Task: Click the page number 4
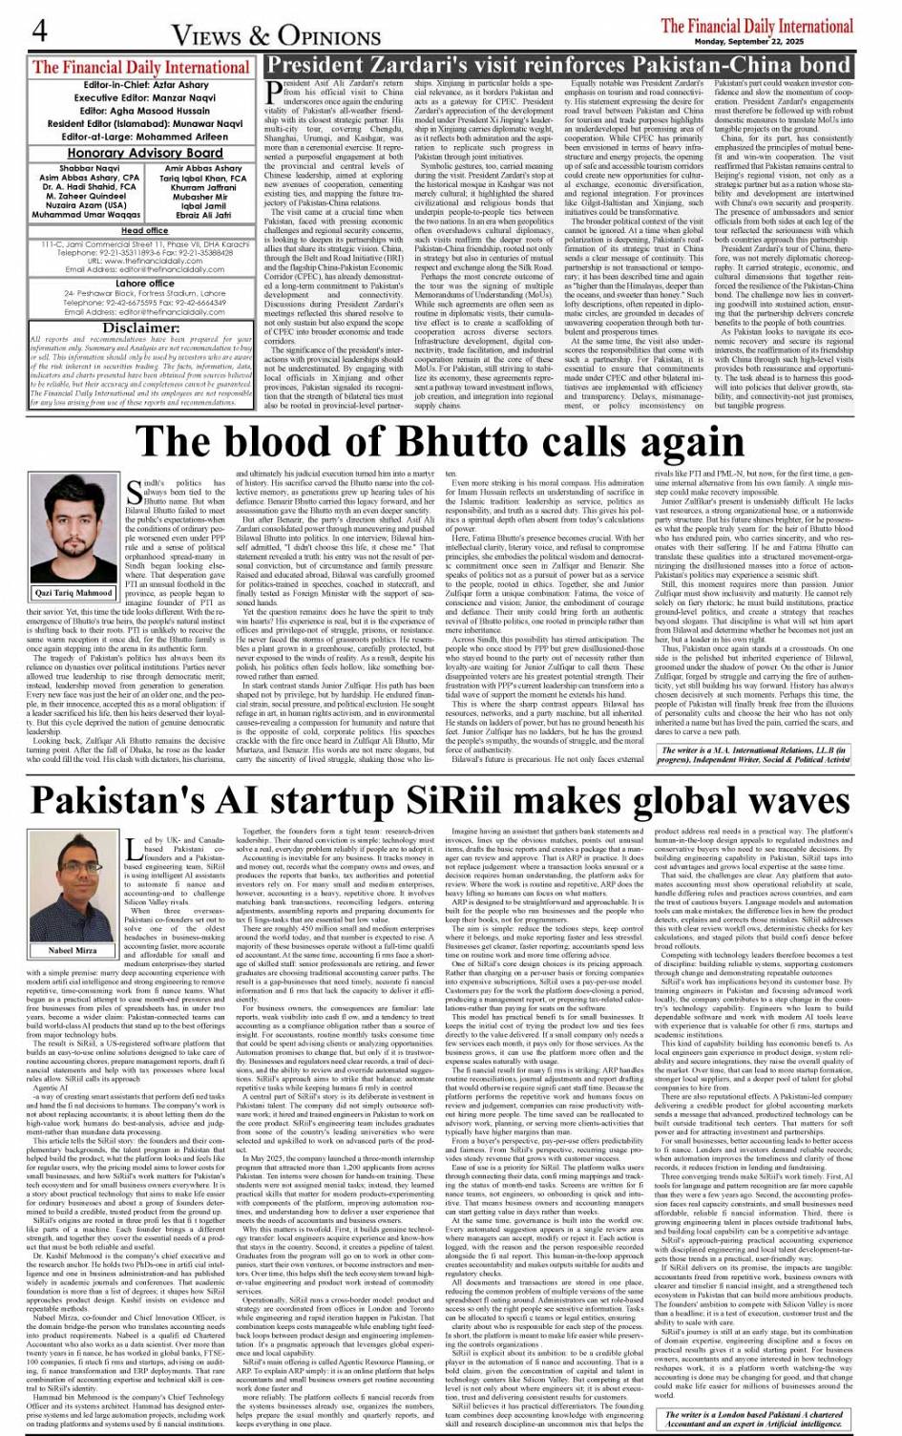click(x=38, y=31)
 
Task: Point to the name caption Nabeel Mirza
click(x=73, y=951)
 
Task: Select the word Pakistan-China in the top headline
click(x=702, y=66)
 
